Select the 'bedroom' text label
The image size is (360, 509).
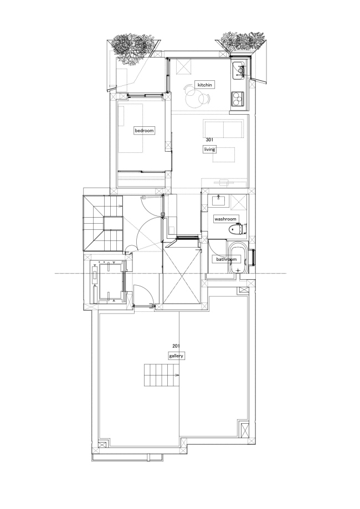click(144, 131)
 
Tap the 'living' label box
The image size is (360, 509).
click(209, 150)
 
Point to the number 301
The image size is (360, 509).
click(209, 140)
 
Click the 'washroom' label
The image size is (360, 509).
click(226, 219)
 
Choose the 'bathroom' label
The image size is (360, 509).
click(226, 259)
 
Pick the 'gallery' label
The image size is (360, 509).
click(177, 356)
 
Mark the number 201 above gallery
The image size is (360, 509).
click(176, 346)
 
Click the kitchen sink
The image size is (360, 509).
click(241, 70)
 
